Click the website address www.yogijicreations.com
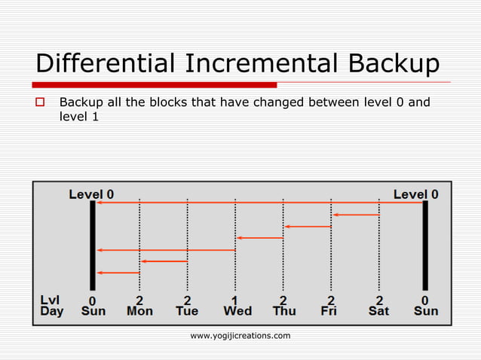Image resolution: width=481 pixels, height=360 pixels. click(240, 335)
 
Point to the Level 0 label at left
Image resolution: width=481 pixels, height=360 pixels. click(91, 194)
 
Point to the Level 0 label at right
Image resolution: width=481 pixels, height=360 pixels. click(415, 194)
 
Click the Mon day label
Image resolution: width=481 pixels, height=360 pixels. click(139, 310)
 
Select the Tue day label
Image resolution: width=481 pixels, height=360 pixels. click(187, 310)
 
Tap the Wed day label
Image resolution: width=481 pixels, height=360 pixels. click(237, 310)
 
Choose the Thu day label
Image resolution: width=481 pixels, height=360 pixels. click(284, 310)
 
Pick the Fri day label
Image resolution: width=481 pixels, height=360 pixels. click(329, 310)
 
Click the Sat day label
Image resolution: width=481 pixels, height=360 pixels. click(379, 310)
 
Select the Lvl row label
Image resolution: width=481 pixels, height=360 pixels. click(51, 299)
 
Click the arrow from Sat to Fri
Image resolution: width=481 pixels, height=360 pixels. click(355, 215)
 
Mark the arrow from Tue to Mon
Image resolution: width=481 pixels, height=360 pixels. click(164, 261)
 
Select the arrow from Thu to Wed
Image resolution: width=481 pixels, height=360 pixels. click(259, 238)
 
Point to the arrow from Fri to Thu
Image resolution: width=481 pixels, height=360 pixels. click(307, 226)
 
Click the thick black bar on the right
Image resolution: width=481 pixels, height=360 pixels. click(425, 245)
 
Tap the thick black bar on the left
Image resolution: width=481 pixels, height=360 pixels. click(93, 245)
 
